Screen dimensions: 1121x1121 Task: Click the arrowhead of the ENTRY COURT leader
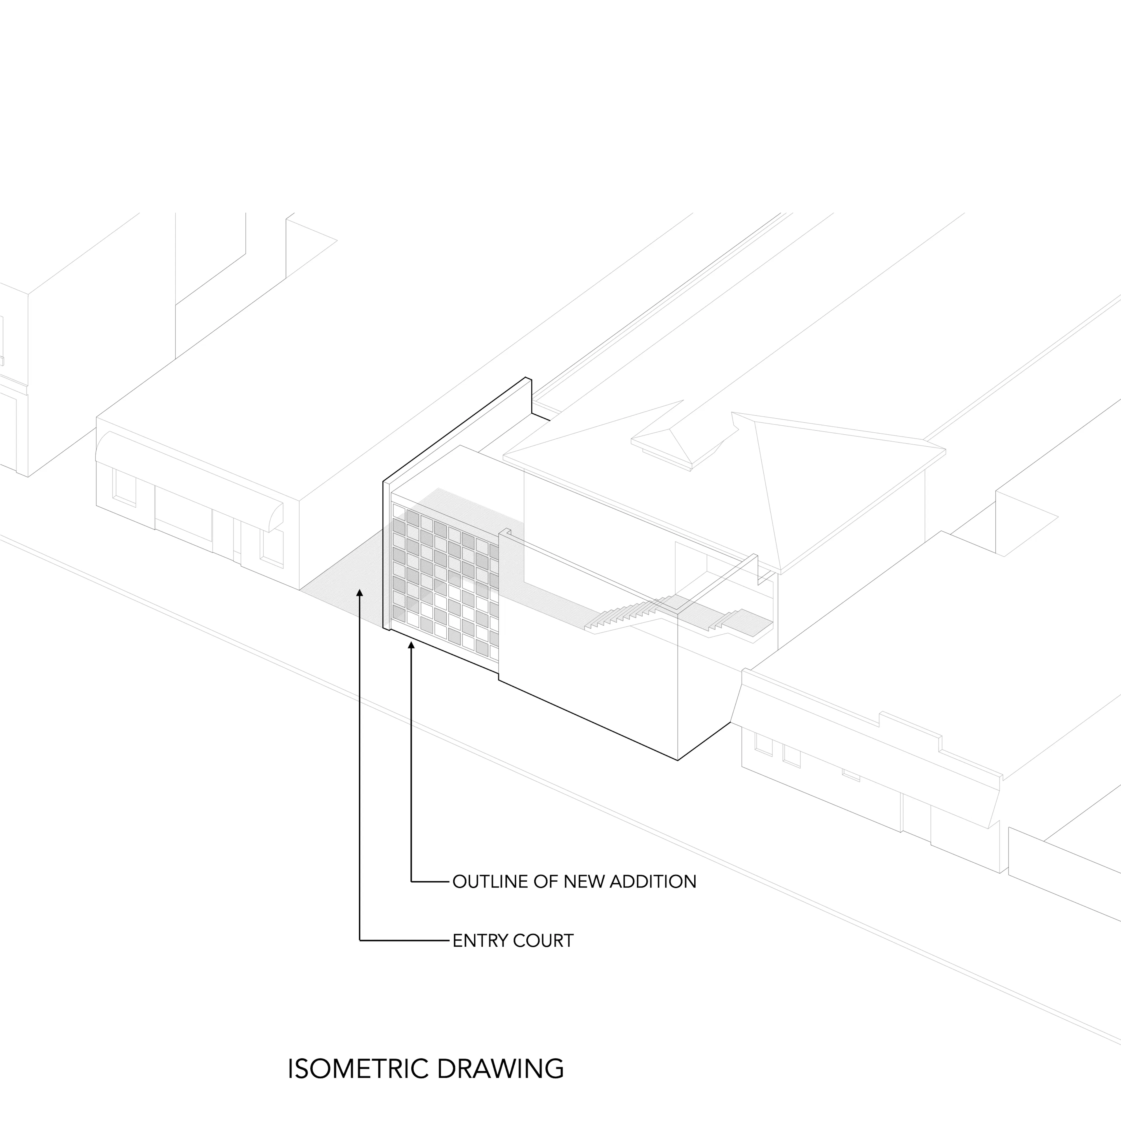[360, 593]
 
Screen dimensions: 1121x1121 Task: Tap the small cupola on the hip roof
[685, 444]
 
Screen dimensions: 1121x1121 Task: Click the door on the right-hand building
[917, 818]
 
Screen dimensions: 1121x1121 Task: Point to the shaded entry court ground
[342, 586]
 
